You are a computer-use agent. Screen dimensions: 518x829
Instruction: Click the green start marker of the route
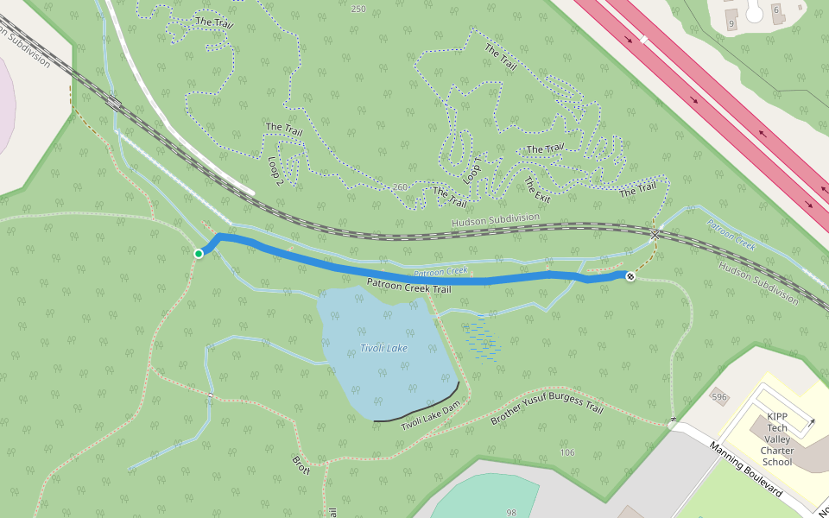[x=199, y=253]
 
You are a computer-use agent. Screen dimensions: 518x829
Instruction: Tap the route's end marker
[x=630, y=276]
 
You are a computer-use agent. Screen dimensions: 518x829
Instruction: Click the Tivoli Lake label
[x=383, y=348]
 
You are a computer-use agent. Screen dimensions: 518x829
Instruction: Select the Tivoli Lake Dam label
[x=431, y=415]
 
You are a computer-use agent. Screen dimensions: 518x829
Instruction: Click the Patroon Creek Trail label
[x=408, y=286]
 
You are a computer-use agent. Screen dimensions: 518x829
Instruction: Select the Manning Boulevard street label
[x=745, y=469]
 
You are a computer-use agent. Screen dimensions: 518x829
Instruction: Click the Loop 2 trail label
[x=276, y=170]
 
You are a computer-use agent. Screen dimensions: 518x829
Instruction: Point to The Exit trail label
[x=536, y=190]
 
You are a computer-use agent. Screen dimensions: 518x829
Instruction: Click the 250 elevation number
[x=358, y=9]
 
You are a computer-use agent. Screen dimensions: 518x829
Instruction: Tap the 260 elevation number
[x=401, y=186]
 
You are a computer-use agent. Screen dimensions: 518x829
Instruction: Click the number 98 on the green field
[x=511, y=512]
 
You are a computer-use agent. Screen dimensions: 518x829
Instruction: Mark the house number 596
[x=718, y=396]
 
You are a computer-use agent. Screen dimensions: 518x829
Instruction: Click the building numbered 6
[x=775, y=9]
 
